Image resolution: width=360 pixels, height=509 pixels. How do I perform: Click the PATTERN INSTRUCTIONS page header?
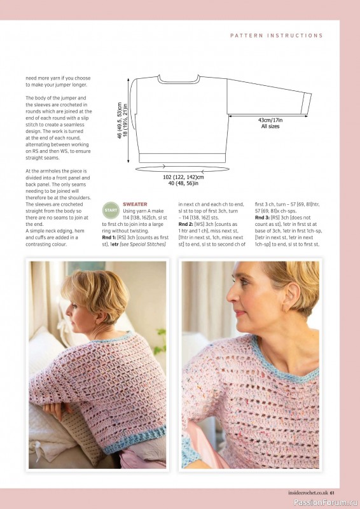[x=276, y=36]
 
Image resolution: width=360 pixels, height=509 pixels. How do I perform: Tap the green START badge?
[x=111, y=209]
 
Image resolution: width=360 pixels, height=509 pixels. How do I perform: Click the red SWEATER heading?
[x=135, y=204]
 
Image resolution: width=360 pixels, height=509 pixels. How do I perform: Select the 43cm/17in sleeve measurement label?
[x=270, y=120]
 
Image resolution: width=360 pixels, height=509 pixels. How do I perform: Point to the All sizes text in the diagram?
[x=270, y=126]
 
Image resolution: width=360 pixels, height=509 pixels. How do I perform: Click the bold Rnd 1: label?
[x=111, y=237]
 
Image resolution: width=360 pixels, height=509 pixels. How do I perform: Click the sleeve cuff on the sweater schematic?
[x=307, y=102]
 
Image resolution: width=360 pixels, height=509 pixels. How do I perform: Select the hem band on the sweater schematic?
[x=182, y=157]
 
